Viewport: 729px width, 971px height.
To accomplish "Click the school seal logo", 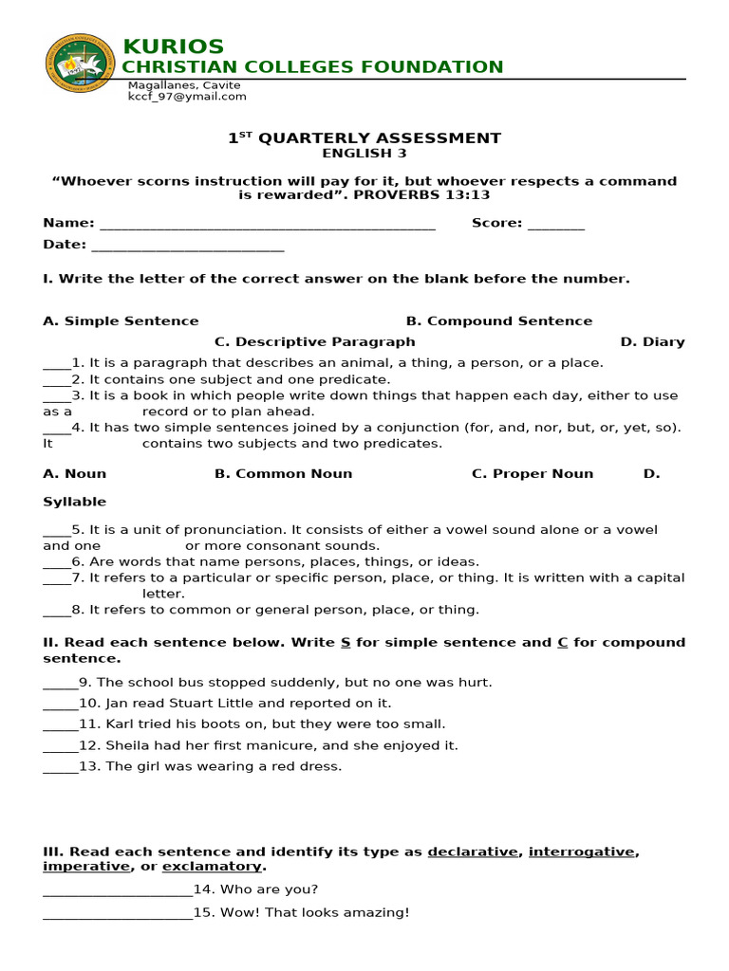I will point(81,63).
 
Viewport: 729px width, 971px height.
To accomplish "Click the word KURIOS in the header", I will point(174,46).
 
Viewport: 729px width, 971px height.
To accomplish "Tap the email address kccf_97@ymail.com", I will point(187,97).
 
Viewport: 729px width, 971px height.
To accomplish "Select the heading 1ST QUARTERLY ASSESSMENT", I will point(364,138).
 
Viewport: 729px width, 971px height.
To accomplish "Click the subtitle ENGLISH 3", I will point(364,154).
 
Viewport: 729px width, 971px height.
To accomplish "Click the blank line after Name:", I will point(267,225).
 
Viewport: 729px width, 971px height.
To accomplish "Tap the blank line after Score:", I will point(555,225).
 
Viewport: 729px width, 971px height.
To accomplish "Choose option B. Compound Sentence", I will point(498,321).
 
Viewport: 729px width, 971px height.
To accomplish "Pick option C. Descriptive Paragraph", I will point(314,342).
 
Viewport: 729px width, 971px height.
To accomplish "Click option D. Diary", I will point(652,342).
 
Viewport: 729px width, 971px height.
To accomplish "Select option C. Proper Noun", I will point(533,474).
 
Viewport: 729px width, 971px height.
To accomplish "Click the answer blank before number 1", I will point(56,364).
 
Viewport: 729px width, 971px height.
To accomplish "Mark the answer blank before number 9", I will point(60,684).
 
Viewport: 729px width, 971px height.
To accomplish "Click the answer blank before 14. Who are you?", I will point(117,890).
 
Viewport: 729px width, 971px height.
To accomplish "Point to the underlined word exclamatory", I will point(212,867).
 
